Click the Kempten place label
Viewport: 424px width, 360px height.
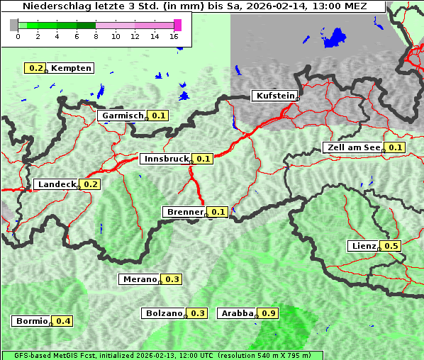pyautogui.click(x=71, y=68)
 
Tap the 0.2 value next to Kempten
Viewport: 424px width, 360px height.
pyautogui.click(x=35, y=68)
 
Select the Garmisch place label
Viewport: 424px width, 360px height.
pyautogui.click(x=123, y=116)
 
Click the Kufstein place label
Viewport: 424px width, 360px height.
pyautogui.click(x=274, y=96)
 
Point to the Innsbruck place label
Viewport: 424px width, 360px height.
pyautogui.click(x=166, y=159)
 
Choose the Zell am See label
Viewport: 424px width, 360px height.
pyautogui.click(x=352, y=147)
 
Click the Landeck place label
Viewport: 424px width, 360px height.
pyautogui.click(x=56, y=184)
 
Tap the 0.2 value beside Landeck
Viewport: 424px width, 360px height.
pyautogui.click(x=91, y=184)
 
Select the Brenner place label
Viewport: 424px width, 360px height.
pyautogui.click(x=184, y=212)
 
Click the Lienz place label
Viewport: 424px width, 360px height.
pyautogui.click(x=364, y=246)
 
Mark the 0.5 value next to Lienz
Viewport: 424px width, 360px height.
pyautogui.click(x=391, y=246)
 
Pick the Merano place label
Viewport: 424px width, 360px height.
pyautogui.click(x=139, y=279)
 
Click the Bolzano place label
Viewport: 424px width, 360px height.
pyautogui.click(x=164, y=313)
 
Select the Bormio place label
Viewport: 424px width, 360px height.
pyautogui.click(x=31, y=321)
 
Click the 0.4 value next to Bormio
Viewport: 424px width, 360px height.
pyautogui.click(x=63, y=321)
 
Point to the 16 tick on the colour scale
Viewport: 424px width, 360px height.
pyautogui.click(x=174, y=37)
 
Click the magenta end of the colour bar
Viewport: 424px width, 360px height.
pyautogui.click(x=177, y=25)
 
